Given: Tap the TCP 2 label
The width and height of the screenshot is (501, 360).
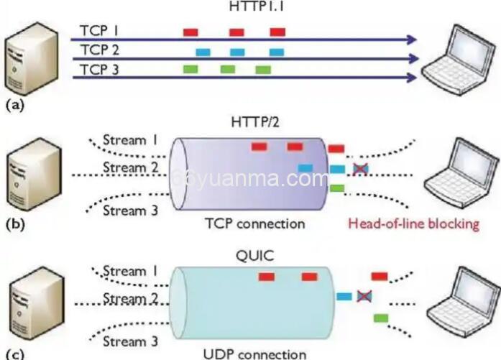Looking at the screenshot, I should pos(99,50).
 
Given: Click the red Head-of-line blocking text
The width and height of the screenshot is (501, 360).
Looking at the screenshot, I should pos(413,223).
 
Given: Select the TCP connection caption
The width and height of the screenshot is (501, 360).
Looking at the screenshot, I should pos(250,223).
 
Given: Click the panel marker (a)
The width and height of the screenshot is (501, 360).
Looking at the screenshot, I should pos(14,105).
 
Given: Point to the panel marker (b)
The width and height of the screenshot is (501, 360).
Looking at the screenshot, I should pos(15,223).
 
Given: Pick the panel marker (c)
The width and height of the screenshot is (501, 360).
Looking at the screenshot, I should pos(14,353).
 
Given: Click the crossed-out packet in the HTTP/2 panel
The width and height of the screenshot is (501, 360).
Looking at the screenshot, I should pos(359,168).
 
